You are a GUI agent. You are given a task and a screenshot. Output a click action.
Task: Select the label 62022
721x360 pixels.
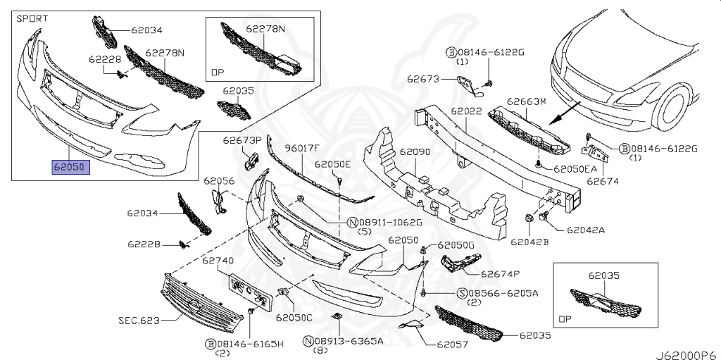tap(466, 111)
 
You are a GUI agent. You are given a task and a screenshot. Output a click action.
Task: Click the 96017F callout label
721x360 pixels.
tap(302, 148)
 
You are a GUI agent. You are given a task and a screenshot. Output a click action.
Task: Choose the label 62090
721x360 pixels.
tap(415, 151)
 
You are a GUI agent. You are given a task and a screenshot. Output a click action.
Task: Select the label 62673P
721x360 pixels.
tap(243, 139)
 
